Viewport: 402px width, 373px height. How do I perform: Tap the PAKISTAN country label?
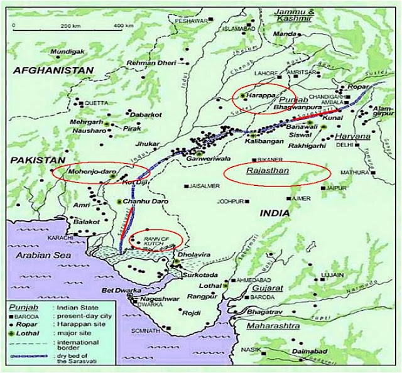(36, 161)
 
